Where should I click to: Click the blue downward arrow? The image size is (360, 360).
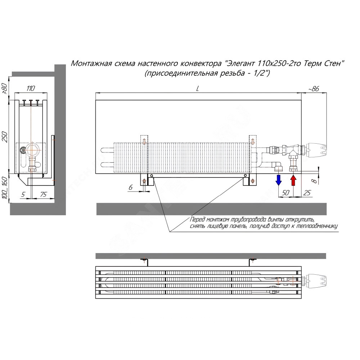click(x=279, y=180)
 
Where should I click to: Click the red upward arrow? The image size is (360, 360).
click(x=293, y=180)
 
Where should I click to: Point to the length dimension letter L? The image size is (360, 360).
click(x=197, y=89)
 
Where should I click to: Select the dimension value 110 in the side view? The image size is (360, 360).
click(x=31, y=88)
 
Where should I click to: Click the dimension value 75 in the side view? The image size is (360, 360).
click(x=43, y=194)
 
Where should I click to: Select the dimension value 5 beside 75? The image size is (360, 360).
click(x=23, y=194)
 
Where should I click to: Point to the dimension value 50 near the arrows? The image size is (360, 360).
click(x=285, y=193)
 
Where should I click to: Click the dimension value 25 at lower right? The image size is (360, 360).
click(x=307, y=193)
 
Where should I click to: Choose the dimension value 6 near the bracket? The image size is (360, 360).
click(x=130, y=187)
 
